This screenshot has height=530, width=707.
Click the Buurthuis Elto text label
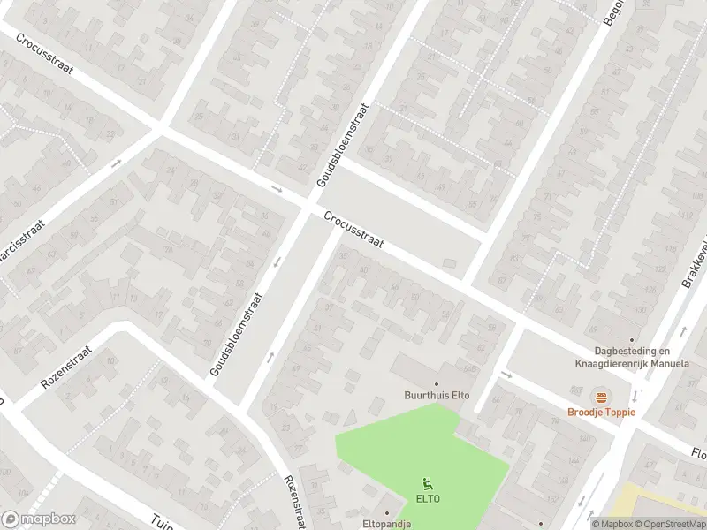(437, 396)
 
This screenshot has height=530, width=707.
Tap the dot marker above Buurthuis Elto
(437, 383)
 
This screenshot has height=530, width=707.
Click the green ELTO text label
(429, 499)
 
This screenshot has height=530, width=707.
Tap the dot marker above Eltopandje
(387, 511)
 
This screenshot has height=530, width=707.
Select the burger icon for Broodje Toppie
(601, 396)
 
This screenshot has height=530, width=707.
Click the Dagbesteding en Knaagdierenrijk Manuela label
(631, 357)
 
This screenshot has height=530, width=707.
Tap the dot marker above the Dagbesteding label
(631, 340)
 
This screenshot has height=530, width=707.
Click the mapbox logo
(39, 519)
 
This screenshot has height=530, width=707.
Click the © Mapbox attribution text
(612, 524)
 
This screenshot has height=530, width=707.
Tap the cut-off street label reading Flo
(698, 452)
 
